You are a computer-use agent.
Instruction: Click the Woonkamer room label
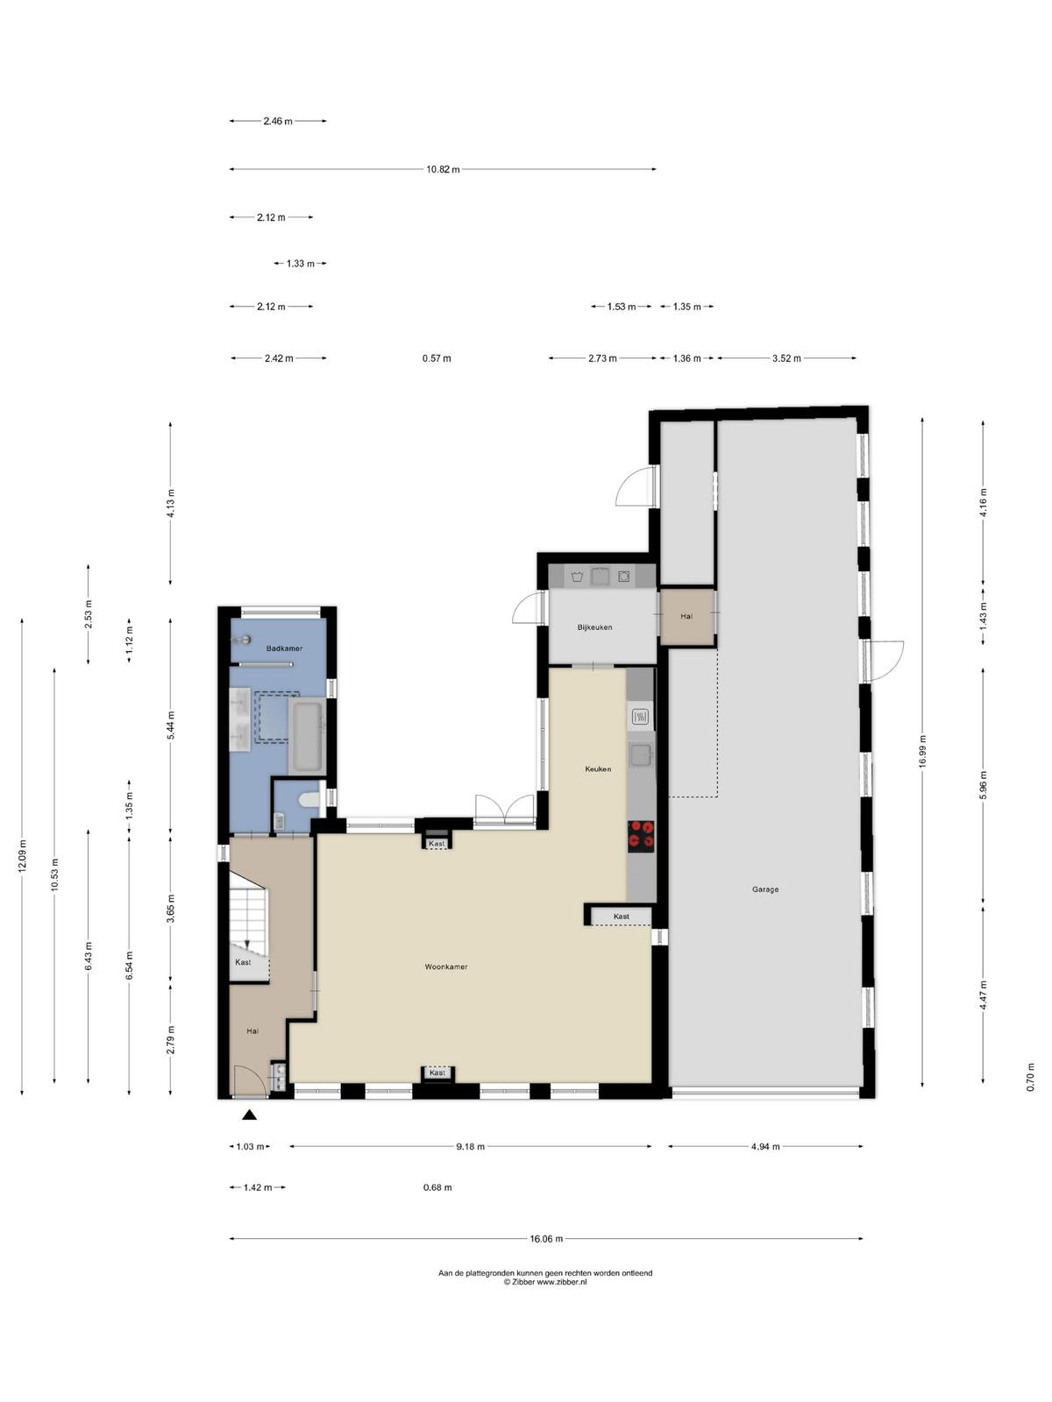pyautogui.click(x=446, y=967)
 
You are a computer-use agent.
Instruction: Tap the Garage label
pyautogui.click(x=765, y=889)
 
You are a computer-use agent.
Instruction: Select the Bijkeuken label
pyautogui.click(x=594, y=627)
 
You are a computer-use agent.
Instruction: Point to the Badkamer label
pyautogui.click(x=284, y=648)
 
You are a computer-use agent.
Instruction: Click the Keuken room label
pyautogui.click(x=598, y=769)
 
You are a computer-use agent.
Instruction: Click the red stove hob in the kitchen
pyautogui.click(x=642, y=836)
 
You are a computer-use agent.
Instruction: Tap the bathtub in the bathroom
pyautogui.click(x=307, y=736)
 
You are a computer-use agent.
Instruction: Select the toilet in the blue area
pyautogui.click(x=309, y=799)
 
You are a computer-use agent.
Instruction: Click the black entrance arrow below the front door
pyautogui.click(x=249, y=1115)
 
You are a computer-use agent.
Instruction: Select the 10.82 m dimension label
pyautogui.click(x=443, y=169)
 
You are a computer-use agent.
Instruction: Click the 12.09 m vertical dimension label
pyautogui.click(x=22, y=856)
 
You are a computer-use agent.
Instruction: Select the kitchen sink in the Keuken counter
pyautogui.click(x=641, y=756)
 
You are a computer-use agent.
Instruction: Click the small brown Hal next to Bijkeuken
pyautogui.click(x=686, y=616)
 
